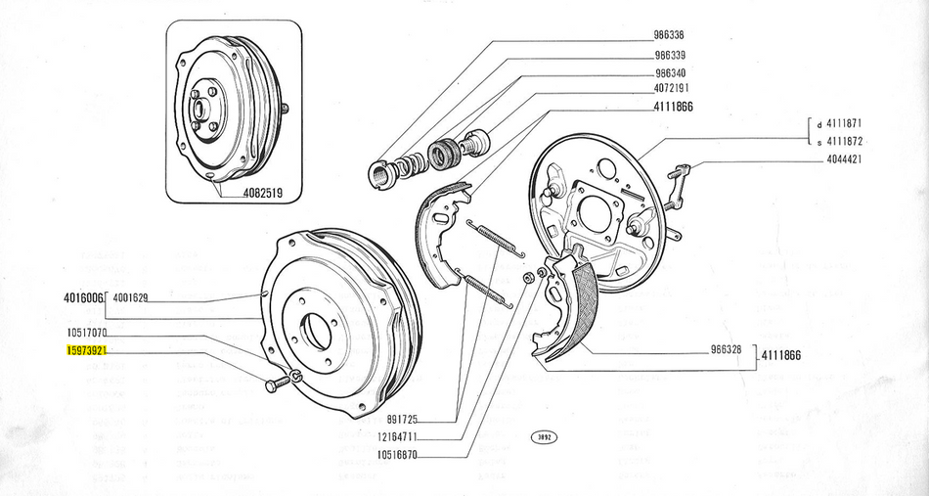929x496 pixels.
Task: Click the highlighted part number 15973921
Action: click(86, 350)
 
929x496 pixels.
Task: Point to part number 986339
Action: click(675, 56)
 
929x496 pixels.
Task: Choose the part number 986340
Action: click(675, 72)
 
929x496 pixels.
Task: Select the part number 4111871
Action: click(842, 125)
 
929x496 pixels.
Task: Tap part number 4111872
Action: click(842, 142)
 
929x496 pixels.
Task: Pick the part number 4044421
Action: click(841, 159)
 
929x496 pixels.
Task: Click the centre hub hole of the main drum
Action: click(314, 329)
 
